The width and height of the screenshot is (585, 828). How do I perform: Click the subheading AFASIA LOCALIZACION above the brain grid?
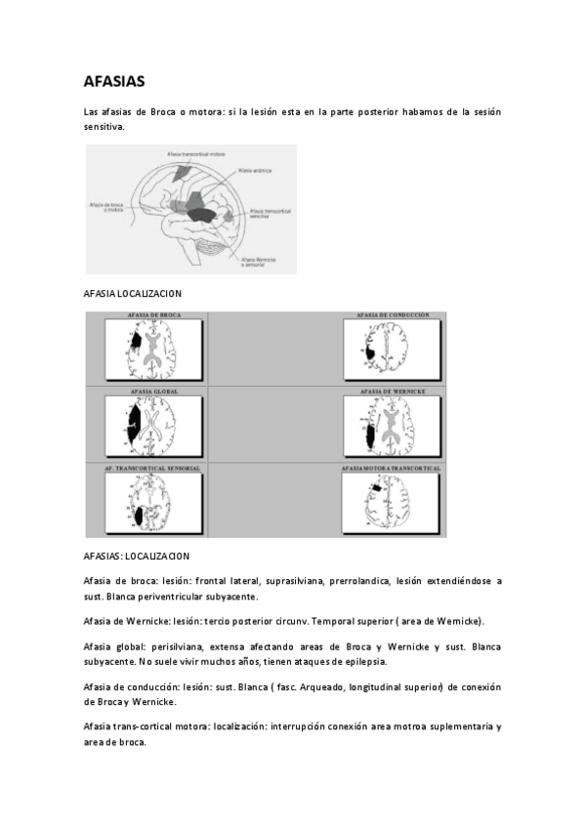tap(133, 294)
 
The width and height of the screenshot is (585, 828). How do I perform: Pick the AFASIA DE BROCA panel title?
tap(153, 315)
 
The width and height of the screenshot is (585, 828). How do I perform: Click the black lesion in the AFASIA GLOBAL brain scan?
tap(135, 426)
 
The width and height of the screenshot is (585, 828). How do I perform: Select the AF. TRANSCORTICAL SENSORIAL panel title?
tap(153, 469)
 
